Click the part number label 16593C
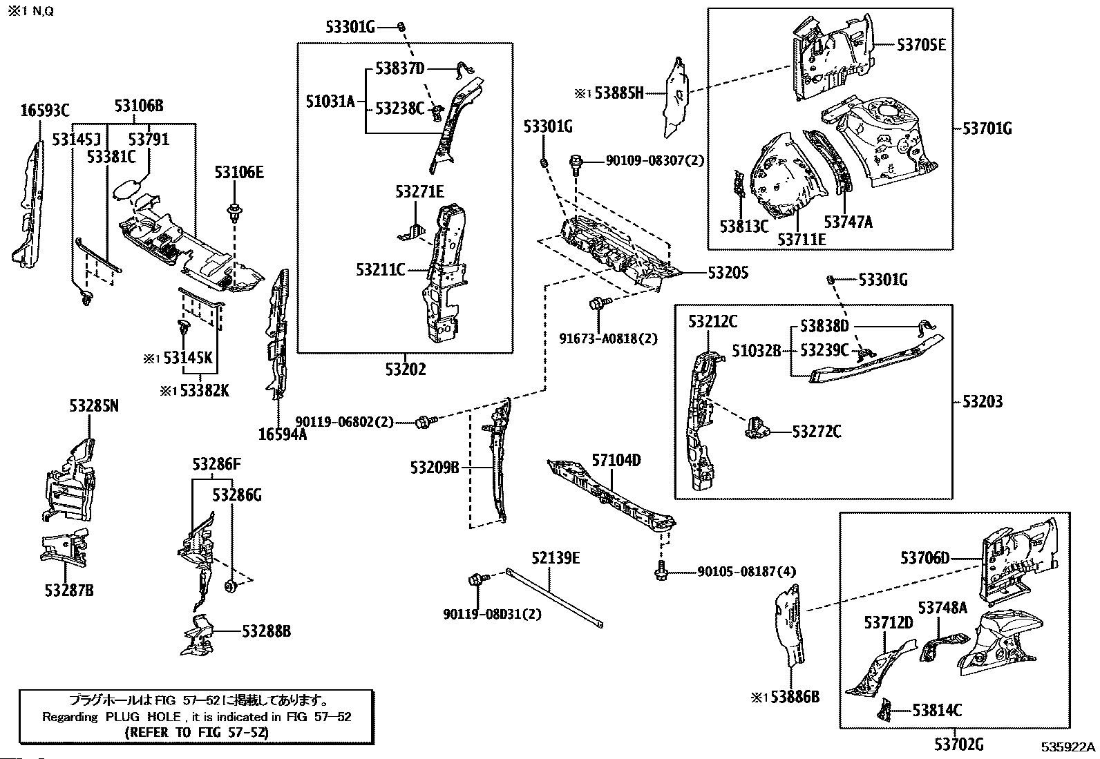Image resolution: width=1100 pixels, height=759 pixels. (x=45, y=110)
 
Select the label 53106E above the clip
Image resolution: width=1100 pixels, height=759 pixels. (x=238, y=173)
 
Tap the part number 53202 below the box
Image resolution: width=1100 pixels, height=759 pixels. (x=406, y=369)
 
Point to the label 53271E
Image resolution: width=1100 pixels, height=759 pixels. (x=419, y=191)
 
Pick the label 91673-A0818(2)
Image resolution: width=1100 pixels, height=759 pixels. (x=608, y=338)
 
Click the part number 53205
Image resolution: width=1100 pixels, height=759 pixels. (x=728, y=273)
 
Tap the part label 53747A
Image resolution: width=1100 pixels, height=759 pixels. (x=848, y=222)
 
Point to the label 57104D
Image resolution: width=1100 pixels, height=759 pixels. (x=616, y=460)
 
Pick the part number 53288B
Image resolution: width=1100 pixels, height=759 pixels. (x=266, y=631)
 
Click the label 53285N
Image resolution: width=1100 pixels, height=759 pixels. (x=93, y=406)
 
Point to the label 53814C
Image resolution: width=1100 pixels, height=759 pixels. (x=937, y=709)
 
